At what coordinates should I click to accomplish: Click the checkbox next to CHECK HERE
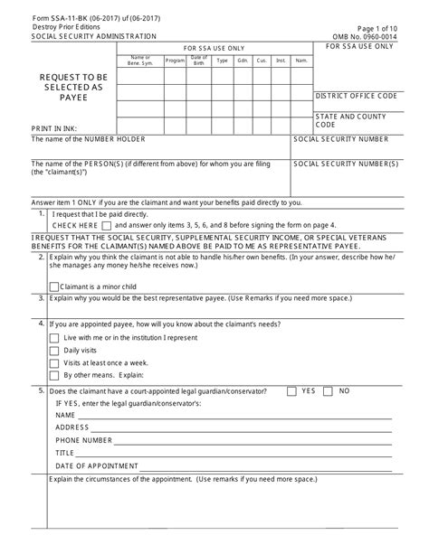[x=107, y=225]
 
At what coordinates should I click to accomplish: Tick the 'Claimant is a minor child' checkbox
[x=54, y=286]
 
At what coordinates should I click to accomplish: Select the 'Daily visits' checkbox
[x=54, y=349]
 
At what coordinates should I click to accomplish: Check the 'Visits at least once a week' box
[x=54, y=362]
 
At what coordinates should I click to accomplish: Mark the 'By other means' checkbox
[x=54, y=374]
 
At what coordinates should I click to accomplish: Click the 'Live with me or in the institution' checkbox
[x=54, y=336]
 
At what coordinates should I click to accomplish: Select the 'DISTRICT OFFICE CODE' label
[x=356, y=96]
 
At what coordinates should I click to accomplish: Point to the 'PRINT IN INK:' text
[x=54, y=129]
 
